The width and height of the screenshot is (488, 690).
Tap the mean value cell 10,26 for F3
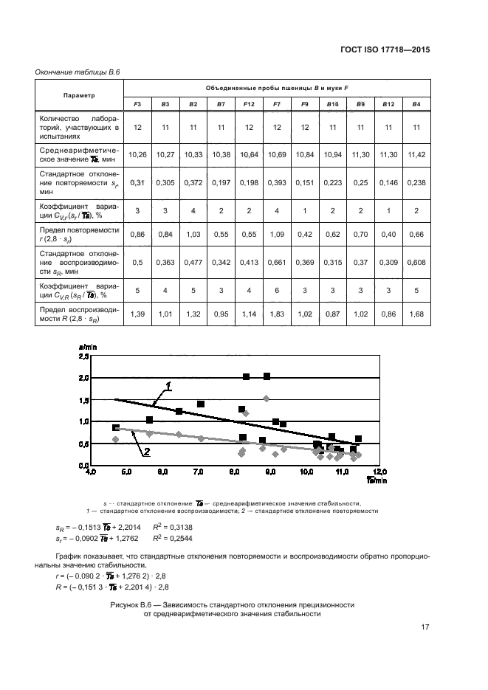tap(137, 154)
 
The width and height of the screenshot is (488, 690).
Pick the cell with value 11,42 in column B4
tap(416, 154)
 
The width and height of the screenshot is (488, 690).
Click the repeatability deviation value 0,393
tap(277, 182)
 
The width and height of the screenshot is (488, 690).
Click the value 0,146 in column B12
tap(388, 182)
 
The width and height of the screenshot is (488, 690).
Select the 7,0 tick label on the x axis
tap(199, 471)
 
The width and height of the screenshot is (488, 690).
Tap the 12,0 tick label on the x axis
tap(379, 471)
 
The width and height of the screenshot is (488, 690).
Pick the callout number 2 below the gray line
tap(147, 452)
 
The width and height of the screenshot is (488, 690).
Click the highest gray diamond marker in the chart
tap(267, 399)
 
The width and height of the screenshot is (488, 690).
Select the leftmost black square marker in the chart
tap(116, 427)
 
